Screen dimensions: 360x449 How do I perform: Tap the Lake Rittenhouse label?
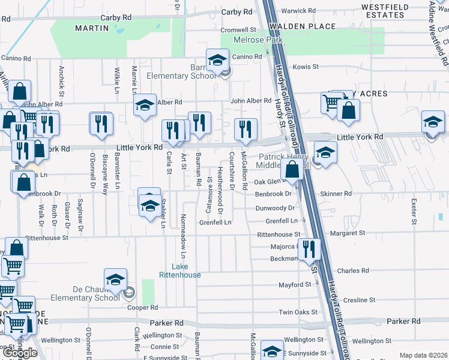click(180, 271)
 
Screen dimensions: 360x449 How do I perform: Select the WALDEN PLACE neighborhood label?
click(301, 26)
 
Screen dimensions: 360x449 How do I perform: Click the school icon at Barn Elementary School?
click(216, 59)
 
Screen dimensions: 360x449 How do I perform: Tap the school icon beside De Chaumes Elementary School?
click(115, 279)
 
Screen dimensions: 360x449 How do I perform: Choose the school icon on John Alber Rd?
click(144, 105)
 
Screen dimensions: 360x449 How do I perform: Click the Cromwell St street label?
click(238, 29)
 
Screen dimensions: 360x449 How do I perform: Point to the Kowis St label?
click(305, 67)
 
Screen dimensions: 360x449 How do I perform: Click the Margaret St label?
click(350, 233)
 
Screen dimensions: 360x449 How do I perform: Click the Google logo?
click(20, 353)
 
